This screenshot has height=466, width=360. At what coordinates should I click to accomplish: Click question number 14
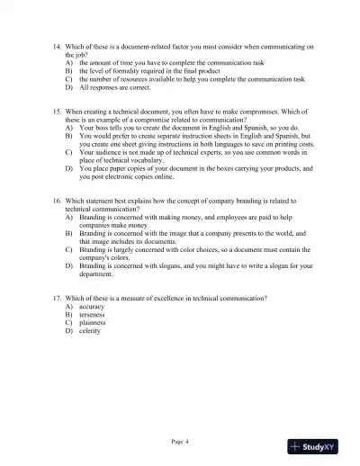coord(58,45)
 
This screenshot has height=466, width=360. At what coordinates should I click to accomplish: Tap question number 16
coord(58,201)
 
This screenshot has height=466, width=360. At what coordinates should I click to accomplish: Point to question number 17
coord(58,298)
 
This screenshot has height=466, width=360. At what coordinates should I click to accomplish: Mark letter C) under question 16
coord(69,249)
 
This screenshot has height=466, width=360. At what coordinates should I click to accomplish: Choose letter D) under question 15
coord(69,167)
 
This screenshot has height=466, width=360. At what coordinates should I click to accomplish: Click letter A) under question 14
coord(69,62)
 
